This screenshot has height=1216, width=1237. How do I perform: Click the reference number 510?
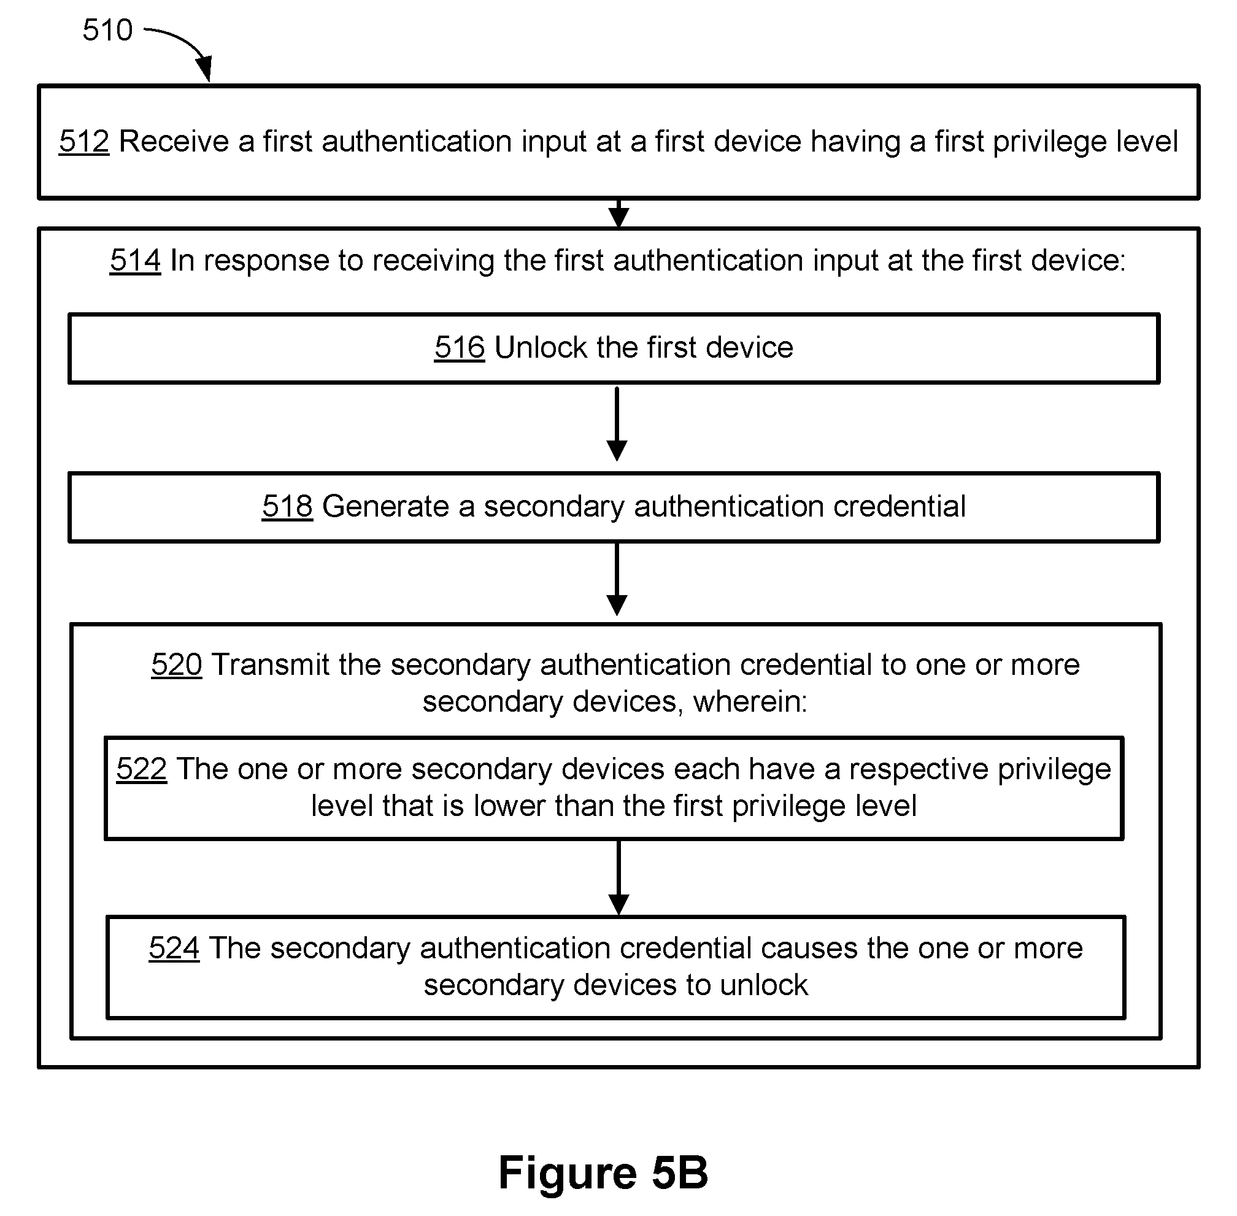[x=107, y=30]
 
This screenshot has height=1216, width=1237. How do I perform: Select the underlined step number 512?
[x=84, y=141]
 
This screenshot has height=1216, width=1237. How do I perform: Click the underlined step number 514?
[x=135, y=261]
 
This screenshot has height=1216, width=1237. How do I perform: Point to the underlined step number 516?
[x=459, y=347]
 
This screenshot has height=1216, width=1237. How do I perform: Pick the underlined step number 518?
[x=287, y=506]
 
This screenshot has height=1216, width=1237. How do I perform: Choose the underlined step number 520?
[x=177, y=665]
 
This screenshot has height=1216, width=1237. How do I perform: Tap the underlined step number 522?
[x=142, y=769]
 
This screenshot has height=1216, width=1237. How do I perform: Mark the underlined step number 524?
[x=174, y=948]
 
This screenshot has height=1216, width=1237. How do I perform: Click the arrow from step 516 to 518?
[x=617, y=423]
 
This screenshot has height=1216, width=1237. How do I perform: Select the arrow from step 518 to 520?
[x=617, y=579]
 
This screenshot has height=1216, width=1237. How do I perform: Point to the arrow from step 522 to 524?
[x=619, y=877]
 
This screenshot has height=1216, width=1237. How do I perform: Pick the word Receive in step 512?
[x=174, y=141]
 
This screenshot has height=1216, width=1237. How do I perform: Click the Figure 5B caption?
[x=604, y=1172]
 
